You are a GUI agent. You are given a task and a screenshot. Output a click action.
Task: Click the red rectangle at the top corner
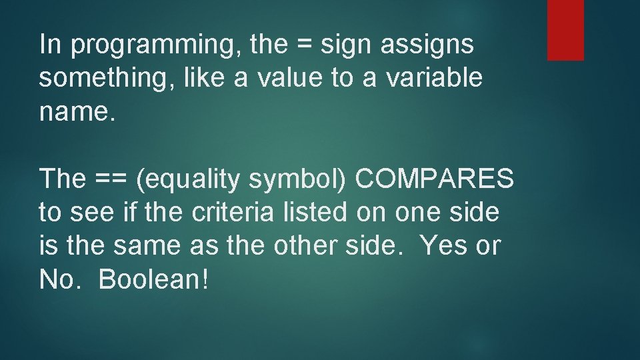565,30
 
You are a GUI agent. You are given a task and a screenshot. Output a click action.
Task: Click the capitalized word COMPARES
435,179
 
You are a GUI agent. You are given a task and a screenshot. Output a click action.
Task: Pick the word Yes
443,246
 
